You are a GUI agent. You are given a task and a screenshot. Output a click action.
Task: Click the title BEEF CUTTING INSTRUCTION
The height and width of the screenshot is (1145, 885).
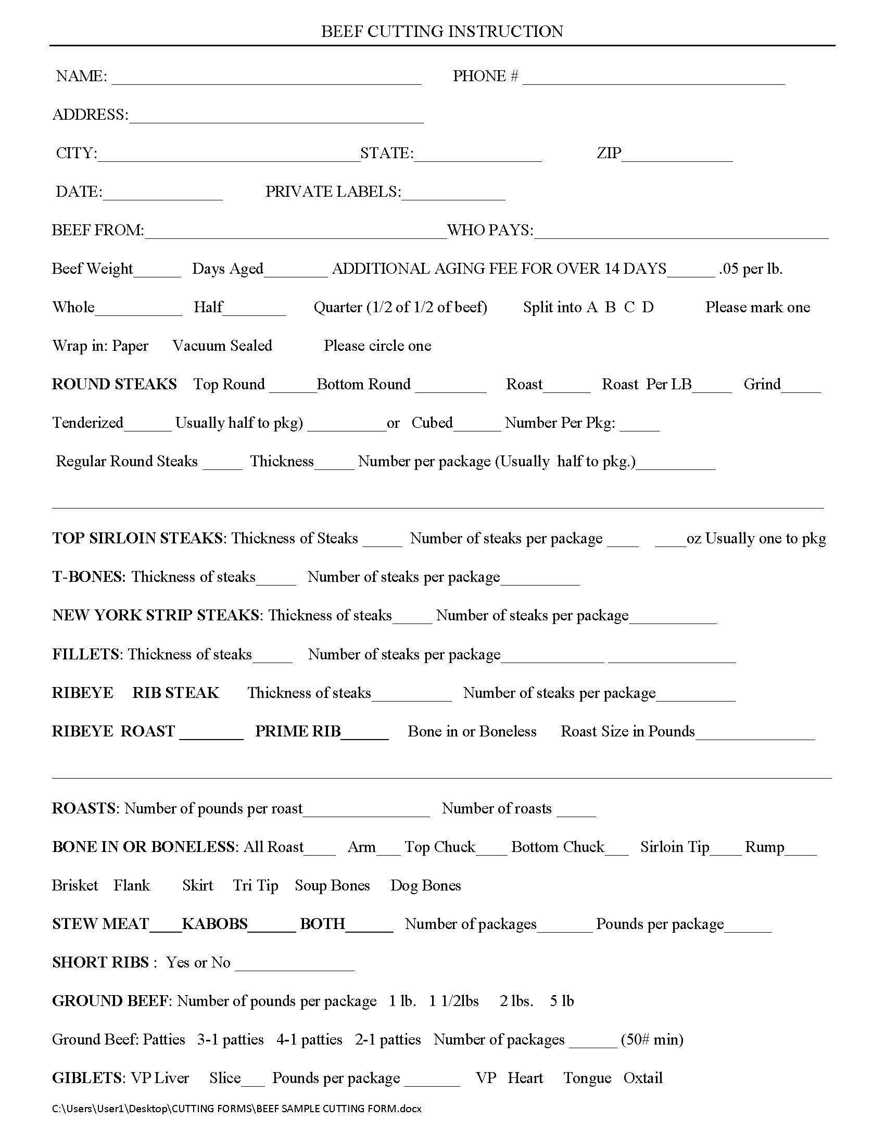pyautogui.click(x=442, y=31)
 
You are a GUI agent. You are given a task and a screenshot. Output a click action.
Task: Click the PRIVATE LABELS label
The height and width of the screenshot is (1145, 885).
pyautogui.click(x=333, y=192)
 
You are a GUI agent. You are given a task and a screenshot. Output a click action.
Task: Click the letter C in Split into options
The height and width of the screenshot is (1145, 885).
pyautogui.click(x=629, y=307)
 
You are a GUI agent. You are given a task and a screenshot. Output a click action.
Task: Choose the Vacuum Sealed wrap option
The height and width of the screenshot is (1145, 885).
pyautogui.click(x=222, y=346)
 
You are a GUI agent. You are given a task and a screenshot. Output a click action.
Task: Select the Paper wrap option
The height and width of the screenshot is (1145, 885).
pyautogui.click(x=130, y=346)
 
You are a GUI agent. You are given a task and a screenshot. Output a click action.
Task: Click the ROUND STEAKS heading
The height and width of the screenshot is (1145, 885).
pyautogui.click(x=115, y=384)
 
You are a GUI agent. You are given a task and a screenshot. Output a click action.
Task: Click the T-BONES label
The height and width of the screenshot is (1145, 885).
pyautogui.click(x=88, y=577)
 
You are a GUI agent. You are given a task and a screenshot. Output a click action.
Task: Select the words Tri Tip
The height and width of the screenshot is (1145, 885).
pyautogui.click(x=255, y=885)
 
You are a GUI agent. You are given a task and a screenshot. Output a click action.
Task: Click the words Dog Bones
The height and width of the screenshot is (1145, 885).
pyautogui.click(x=426, y=885)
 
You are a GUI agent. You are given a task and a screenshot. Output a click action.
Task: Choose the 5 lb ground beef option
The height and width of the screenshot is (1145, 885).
pyautogui.click(x=562, y=1001)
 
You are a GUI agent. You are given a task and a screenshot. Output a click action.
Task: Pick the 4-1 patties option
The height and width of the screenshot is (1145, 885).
pyautogui.click(x=309, y=1040)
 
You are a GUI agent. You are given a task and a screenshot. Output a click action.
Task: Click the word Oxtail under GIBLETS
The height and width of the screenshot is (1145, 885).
pyautogui.click(x=643, y=1078)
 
